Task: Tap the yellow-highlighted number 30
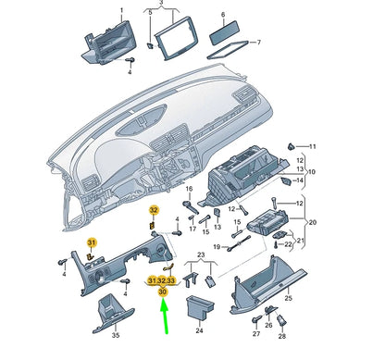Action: click(x=163, y=292)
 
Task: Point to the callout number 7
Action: click(x=258, y=43)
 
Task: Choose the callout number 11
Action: click(x=312, y=146)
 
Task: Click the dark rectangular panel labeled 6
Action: click(x=224, y=33)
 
